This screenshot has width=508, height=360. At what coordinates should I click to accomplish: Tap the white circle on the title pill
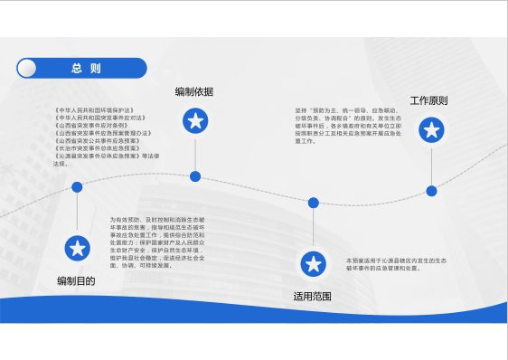point(27,69)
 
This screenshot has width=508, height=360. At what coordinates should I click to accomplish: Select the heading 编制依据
point(194,91)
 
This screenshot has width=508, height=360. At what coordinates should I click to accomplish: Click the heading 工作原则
point(429,100)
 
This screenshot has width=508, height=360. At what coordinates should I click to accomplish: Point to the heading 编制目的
point(76,280)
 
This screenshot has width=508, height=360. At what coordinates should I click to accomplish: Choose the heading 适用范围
point(313,297)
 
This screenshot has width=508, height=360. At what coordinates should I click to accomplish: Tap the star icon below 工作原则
point(431,131)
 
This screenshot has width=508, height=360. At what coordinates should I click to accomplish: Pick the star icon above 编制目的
point(78,248)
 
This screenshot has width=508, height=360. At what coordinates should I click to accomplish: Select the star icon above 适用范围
point(314,263)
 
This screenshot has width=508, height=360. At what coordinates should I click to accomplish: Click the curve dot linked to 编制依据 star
point(195,175)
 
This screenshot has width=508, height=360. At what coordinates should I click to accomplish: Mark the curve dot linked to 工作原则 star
point(431,191)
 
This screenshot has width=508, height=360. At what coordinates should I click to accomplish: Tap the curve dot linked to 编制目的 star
point(78,187)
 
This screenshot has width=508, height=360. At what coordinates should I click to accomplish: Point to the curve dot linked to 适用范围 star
point(314,203)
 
